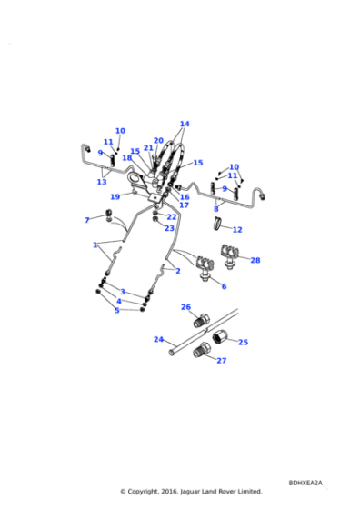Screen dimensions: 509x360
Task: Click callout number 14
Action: tap(185, 124)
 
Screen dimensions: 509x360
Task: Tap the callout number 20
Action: tap(158, 141)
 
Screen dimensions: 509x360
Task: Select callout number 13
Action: tap(102, 182)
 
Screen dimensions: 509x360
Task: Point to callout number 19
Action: tap(115, 196)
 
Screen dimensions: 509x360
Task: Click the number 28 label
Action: tap(255, 260)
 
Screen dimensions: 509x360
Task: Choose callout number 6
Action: tap(224, 286)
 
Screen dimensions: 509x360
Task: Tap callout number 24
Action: tap(158, 339)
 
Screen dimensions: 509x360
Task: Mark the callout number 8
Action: tap(215, 208)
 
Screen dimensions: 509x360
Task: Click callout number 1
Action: tap(95, 245)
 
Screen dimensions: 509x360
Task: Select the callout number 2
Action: tap(178, 271)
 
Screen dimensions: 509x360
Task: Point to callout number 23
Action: tap(169, 228)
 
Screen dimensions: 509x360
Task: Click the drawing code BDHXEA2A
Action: tap(305, 483)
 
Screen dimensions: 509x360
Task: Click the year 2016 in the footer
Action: tap(174, 492)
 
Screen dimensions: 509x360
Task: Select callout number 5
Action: tap(116, 310)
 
